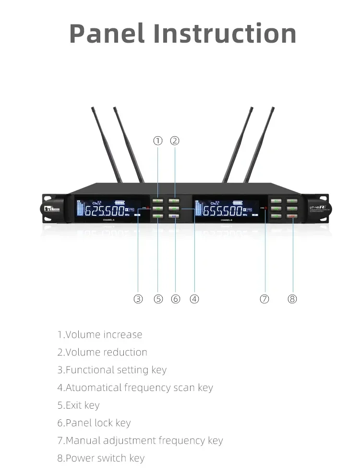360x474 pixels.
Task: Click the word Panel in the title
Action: click(107, 33)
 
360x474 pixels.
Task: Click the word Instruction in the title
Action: click(225, 33)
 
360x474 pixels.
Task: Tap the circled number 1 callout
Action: click(158, 141)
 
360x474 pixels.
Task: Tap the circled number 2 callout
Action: click(175, 141)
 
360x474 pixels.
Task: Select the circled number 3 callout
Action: click(138, 299)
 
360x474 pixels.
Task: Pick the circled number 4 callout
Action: click(194, 299)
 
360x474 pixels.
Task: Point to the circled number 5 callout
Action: click(158, 299)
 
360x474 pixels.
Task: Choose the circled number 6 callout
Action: click(176, 299)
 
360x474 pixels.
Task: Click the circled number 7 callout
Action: click(264, 299)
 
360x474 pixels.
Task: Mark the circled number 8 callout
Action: click(292, 299)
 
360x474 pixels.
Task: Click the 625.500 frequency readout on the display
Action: click(104, 211)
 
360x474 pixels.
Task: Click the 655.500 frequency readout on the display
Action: click(223, 211)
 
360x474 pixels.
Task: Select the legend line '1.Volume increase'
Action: click(100, 334)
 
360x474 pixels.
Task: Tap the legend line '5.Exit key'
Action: click(78, 405)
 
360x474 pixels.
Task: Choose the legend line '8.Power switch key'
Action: click(101, 458)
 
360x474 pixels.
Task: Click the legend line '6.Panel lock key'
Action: click(94, 423)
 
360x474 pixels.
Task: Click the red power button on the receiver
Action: click(293, 216)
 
